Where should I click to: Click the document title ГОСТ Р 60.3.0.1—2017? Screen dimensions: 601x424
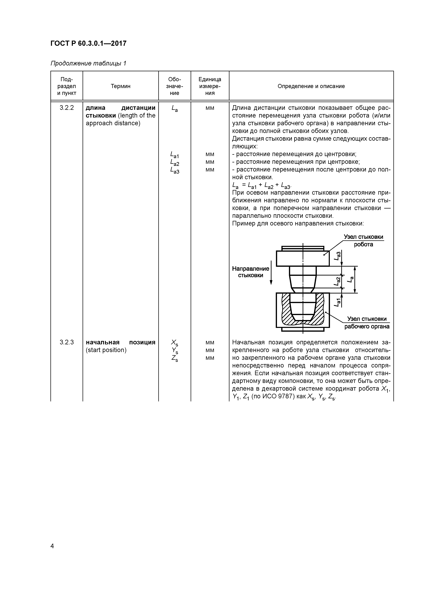88,43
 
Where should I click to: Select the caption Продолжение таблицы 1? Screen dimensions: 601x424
88,63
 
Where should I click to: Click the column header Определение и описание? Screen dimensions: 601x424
311,86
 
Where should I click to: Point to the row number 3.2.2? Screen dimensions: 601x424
67,108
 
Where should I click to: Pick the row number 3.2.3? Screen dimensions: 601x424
67,342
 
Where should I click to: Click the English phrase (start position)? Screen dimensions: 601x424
106,350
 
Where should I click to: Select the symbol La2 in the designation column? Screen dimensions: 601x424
175,163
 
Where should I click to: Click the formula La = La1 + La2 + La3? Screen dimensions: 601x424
261,186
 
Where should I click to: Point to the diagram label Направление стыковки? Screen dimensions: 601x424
250,272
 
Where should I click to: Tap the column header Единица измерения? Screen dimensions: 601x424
210,86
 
